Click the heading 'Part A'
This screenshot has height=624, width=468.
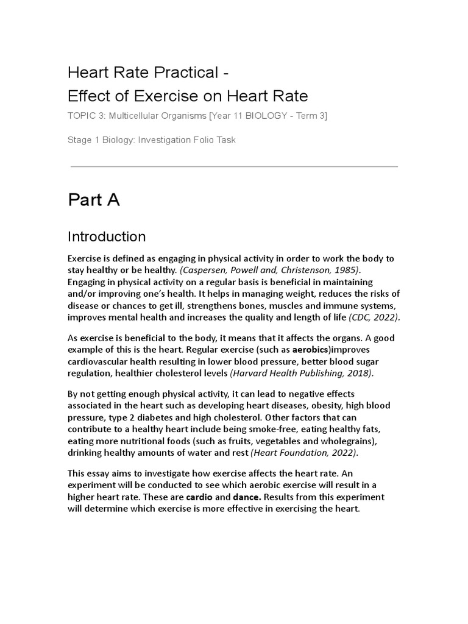[93, 200]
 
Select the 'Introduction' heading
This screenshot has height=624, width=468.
[107, 236]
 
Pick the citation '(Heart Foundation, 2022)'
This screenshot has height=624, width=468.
[305, 453]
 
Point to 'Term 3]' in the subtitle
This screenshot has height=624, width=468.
[312, 116]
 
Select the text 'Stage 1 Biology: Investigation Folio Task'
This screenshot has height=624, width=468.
[152, 140]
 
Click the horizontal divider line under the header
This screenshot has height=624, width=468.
[234, 166]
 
